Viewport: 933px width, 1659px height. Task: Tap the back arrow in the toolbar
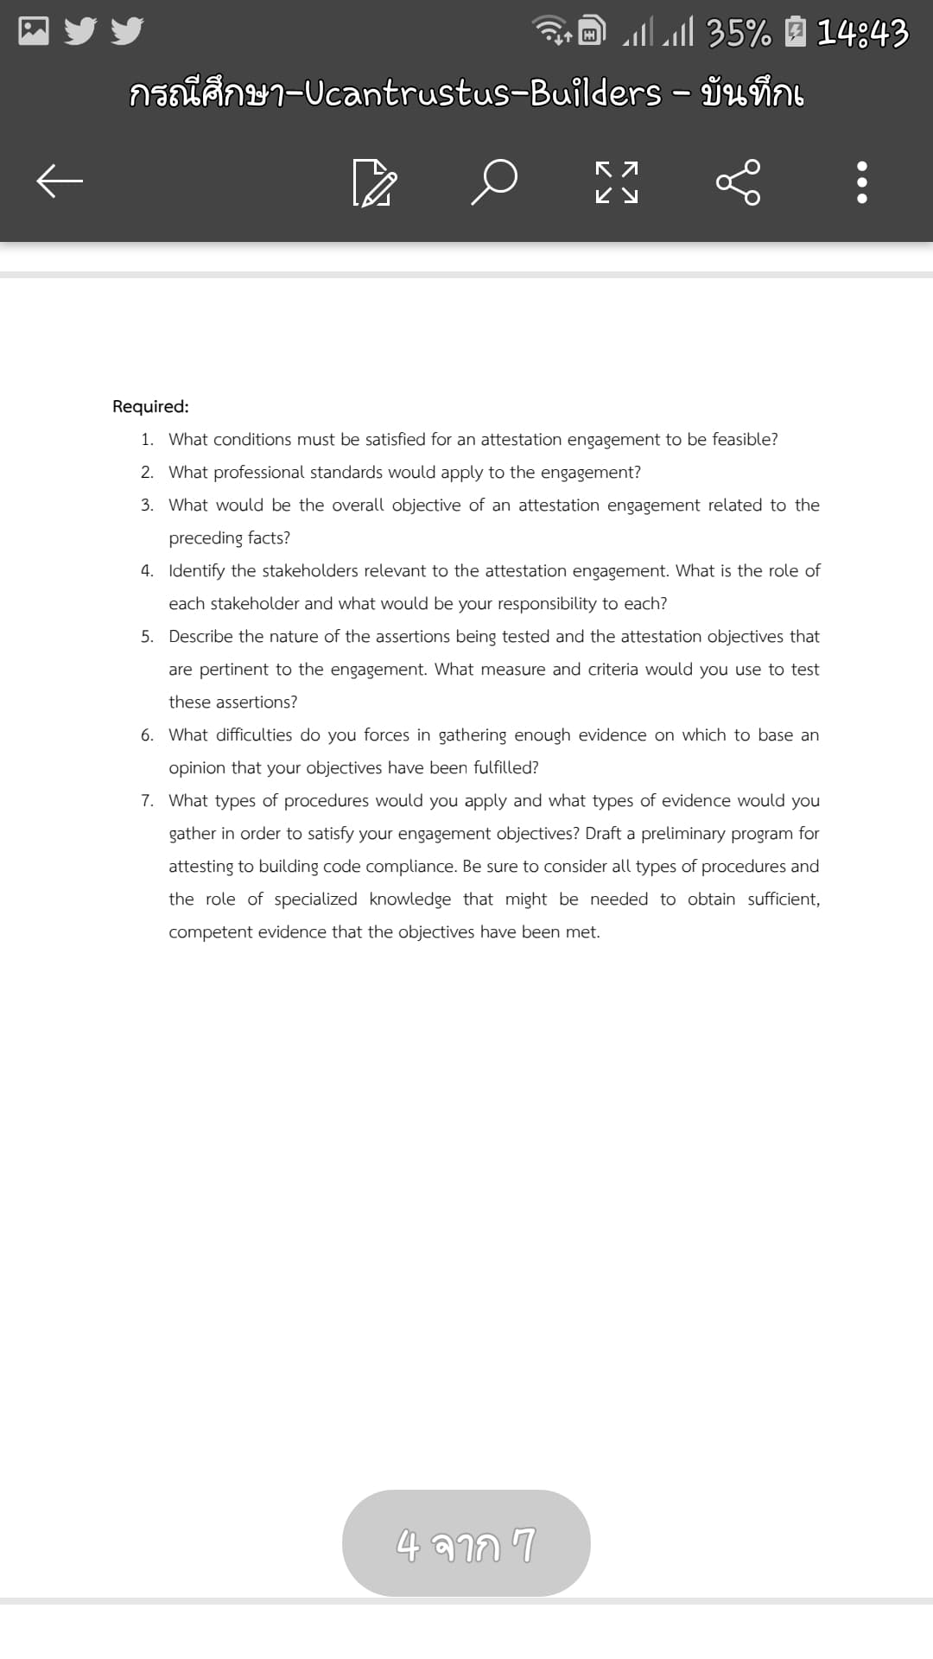(59, 181)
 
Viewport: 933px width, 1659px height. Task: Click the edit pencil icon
(374, 182)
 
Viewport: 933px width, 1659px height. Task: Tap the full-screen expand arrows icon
(617, 182)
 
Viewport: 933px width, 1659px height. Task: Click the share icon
(739, 182)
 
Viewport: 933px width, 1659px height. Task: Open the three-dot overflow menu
(861, 182)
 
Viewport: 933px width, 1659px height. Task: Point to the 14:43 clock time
(862, 34)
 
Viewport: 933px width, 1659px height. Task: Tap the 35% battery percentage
(739, 34)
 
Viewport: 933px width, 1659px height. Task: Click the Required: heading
(150, 406)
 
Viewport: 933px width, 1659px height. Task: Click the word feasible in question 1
(746, 439)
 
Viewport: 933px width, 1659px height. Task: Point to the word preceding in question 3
(206, 537)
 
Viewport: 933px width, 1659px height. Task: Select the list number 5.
(147, 636)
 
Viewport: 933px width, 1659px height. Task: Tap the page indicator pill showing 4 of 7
(466, 1543)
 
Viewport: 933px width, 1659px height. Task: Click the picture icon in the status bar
(34, 31)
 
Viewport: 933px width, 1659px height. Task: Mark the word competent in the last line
(205, 931)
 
